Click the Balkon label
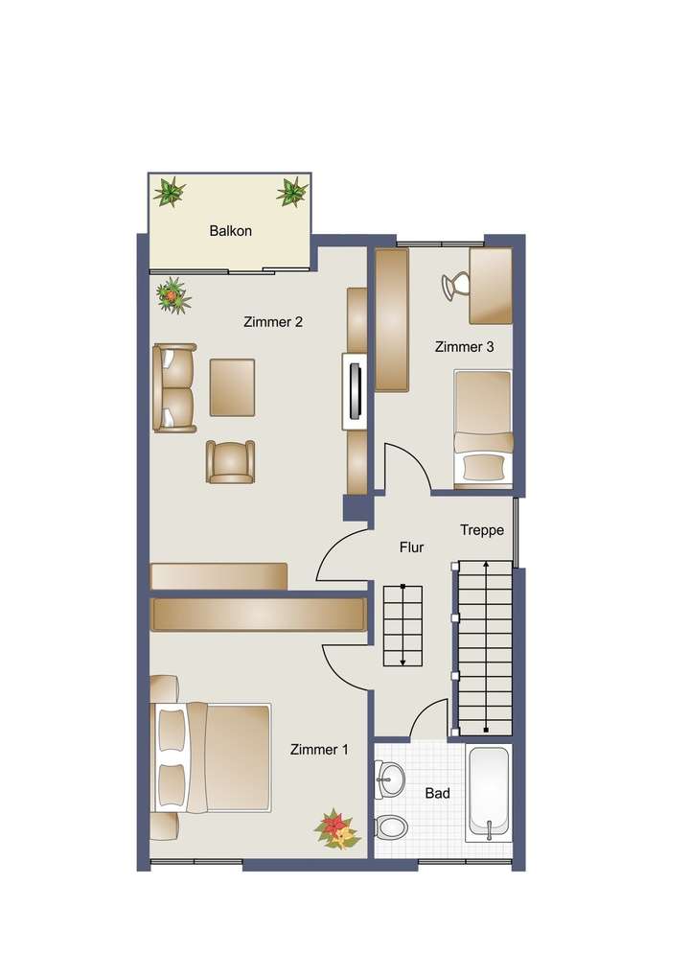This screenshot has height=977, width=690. [x=230, y=231]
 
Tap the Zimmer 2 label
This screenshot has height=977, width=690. [x=273, y=322]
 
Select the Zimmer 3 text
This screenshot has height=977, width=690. [x=464, y=347]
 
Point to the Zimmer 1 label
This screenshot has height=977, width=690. [x=319, y=750]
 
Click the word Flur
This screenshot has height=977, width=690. [x=411, y=547]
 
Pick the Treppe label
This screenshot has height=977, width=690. [x=481, y=530]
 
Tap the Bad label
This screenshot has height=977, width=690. [x=437, y=794]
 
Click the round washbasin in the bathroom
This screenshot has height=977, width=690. [x=391, y=778]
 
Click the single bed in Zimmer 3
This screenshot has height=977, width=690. [x=483, y=428]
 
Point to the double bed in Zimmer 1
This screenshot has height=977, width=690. [x=213, y=756]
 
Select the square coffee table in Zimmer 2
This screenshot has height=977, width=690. [x=232, y=387]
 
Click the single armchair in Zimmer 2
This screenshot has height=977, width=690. [x=231, y=461]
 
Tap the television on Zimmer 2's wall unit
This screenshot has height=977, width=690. [x=355, y=391]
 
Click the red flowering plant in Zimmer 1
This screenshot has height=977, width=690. [x=335, y=827]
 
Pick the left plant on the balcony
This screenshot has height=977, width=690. [x=170, y=193]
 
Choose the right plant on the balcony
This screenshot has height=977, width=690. [x=291, y=192]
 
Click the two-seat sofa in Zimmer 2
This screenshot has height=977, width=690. [x=173, y=388]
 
